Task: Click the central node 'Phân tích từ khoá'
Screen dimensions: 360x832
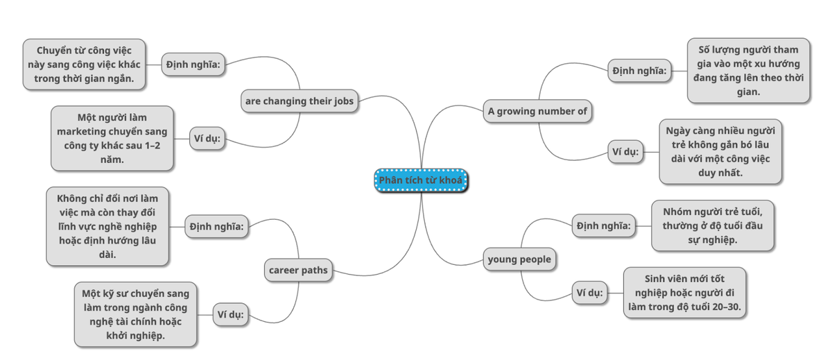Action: pos(422,180)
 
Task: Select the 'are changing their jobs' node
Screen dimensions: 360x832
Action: pos(299,101)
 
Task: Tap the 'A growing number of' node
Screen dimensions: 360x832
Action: pos(538,111)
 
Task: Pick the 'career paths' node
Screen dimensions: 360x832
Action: pos(299,269)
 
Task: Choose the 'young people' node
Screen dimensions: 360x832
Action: pos(519,259)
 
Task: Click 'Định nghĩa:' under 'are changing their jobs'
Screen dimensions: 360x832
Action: pos(193,65)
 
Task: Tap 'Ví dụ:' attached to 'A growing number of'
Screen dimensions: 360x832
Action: pos(625,152)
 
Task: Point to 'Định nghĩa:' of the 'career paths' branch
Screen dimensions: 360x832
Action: pos(216,225)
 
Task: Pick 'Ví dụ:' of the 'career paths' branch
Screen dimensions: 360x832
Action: pos(230,314)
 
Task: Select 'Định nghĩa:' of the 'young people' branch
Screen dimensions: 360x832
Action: pos(603,225)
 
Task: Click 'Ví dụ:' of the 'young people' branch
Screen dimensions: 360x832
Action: pos(589,293)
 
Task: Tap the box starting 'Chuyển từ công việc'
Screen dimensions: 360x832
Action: pos(85,65)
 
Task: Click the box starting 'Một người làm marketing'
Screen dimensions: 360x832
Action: pos(112,138)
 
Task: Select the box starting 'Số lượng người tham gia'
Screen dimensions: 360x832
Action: pos(748,71)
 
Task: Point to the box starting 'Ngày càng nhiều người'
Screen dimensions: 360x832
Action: pos(720,152)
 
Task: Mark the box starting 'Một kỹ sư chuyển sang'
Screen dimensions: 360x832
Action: pos(137,314)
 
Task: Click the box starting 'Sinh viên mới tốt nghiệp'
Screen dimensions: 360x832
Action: pos(684,293)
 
